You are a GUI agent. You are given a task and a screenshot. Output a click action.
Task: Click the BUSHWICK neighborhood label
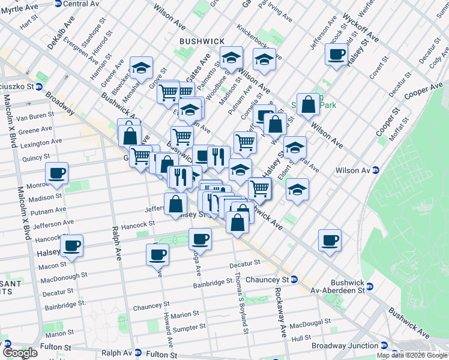(202, 41)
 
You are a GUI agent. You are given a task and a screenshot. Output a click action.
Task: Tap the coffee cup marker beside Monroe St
(58, 174)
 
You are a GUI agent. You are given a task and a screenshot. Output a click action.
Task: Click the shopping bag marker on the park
(308, 105)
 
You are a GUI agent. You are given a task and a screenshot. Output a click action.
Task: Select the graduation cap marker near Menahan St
(141, 69)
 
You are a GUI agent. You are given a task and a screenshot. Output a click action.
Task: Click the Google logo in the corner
(20, 353)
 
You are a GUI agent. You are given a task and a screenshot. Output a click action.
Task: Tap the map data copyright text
(412, 355)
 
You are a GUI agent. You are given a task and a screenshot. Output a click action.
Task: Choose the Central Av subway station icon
(58, 4)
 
